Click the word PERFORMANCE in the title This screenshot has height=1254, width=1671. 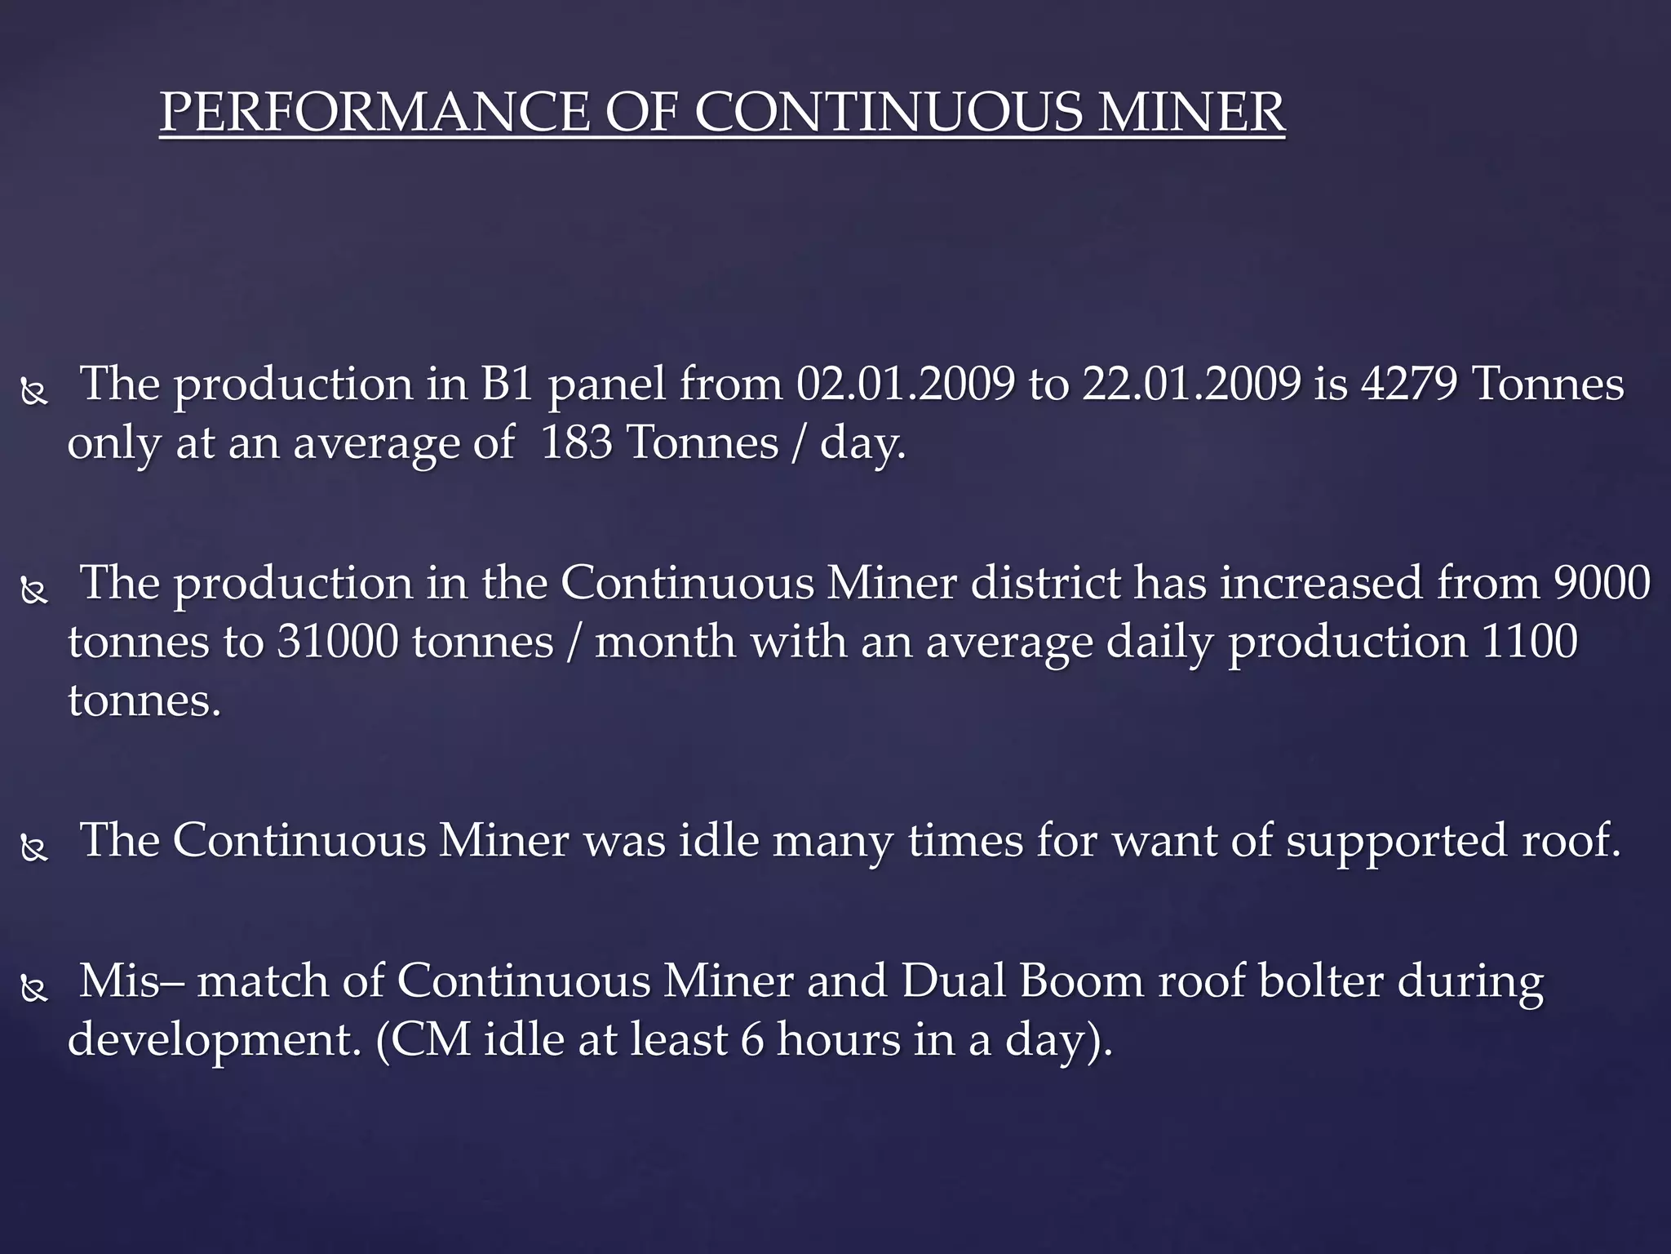coord(375,112)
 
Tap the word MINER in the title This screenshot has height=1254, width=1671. coord(1190,112)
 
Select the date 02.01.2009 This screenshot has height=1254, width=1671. coord(905,383)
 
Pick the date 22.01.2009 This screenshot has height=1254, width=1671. coord(1191,383)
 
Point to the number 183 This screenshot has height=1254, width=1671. coord(576,442)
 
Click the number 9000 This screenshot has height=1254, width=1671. coord(1602,582)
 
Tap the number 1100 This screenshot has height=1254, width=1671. coord(1528,642)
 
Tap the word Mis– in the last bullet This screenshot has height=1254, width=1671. coord(131,980)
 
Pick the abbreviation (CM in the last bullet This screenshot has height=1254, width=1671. coord(423,1039)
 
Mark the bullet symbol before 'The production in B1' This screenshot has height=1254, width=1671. coord(34,394)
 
